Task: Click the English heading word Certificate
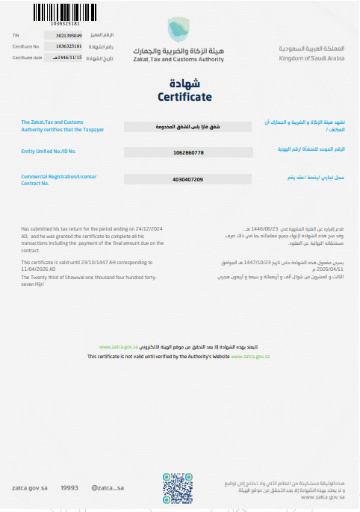point(184,97)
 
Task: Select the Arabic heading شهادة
point(184,84)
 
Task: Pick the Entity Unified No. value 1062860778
point(187,152)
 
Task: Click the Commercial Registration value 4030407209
point(187,180)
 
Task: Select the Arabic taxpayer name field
point(187,126)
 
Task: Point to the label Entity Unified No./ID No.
point(49,150)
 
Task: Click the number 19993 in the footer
point(69,487)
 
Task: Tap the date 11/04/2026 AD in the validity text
point(38,268)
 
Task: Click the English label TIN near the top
point(16,35)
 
